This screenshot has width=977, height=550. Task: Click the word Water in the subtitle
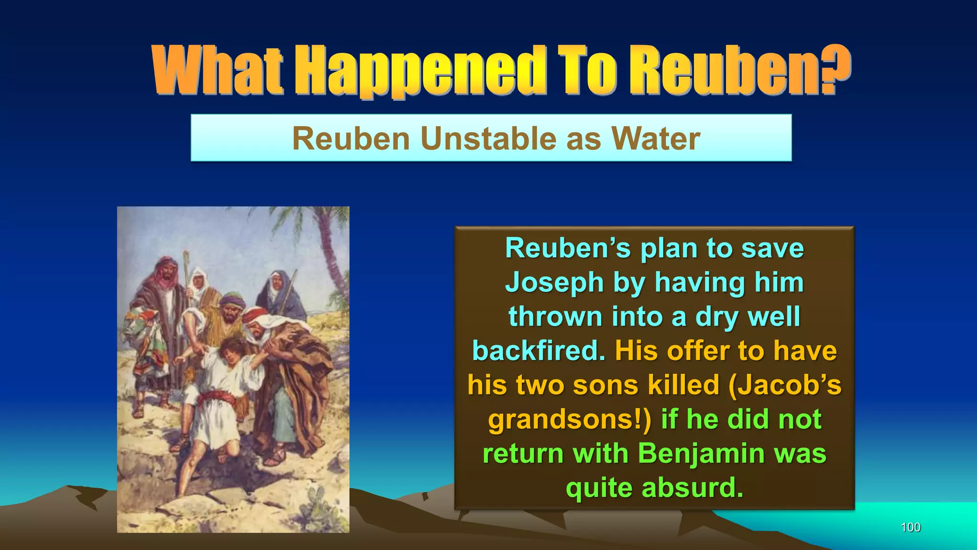pyautogui.click(x=656, y=138)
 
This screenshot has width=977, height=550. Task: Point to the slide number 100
pyautogui.click(x=910, y=527)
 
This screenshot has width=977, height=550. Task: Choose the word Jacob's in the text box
pyautogui.click(x=785, y=385)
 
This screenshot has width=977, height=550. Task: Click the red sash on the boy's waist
pyautogui.click(x=217, y=397)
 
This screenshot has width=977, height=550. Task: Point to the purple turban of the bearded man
pyautogui.click(x=232, y=301)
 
